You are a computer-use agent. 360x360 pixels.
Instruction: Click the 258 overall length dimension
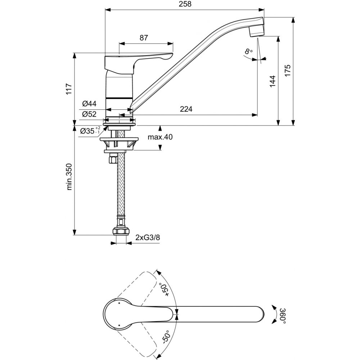pyautogui.click(x=185, y=4)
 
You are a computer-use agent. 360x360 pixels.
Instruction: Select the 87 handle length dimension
pyautogui.click(x=143, y=37)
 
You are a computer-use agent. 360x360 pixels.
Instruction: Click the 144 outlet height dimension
pyautogui.click(x=272, y=81)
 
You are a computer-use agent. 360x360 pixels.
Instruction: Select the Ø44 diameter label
pyautogui.click(x=89, y=104)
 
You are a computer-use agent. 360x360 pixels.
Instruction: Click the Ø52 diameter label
pyautogui.click(x=89, y=114)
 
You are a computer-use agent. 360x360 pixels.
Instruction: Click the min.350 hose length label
pyautogui.click(x=69, y=176)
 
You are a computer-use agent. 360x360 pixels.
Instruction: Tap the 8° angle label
pyautogui.click(x=248, y=52)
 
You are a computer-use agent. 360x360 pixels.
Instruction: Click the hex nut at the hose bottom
pyautogui.click(x=121, y=231)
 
